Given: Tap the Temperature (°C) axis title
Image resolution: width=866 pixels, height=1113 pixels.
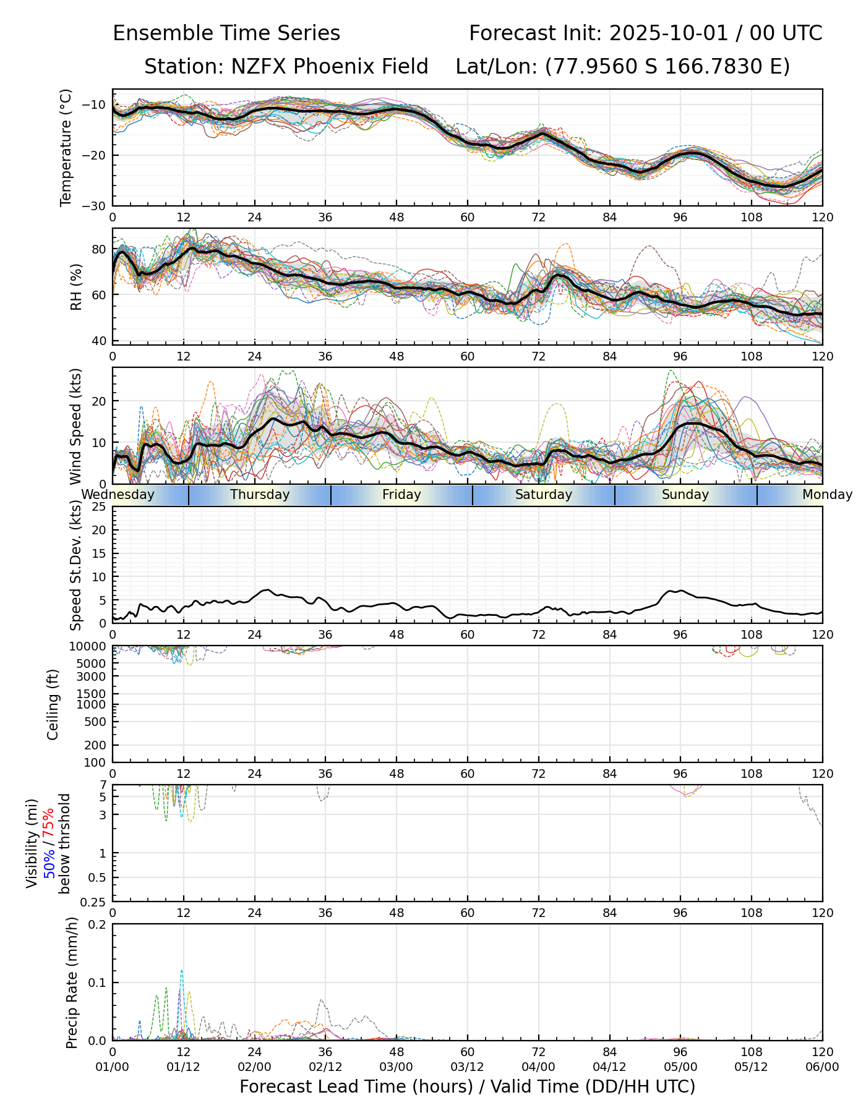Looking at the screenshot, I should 66,147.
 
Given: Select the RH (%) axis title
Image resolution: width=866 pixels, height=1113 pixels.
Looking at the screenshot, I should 77,286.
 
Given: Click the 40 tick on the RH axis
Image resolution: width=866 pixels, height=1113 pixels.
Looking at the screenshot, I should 100,341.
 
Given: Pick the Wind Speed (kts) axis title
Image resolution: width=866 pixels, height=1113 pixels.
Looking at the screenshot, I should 76,426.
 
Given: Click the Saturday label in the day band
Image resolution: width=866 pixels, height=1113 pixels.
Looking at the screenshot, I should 544,495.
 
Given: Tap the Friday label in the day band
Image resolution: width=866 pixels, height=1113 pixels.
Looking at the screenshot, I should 401,495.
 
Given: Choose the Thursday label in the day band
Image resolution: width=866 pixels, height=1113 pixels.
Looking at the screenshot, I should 260,495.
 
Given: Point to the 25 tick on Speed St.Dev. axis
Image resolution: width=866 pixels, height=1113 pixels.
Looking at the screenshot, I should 100,507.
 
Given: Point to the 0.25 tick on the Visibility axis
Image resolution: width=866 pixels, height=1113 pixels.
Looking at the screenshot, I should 94,902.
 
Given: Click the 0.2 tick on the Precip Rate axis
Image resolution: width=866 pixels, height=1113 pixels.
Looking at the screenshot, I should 96,925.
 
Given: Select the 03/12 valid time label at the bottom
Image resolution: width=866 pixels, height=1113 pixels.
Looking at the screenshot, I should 468,1067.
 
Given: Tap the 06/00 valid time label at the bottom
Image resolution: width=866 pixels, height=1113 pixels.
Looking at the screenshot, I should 822,1067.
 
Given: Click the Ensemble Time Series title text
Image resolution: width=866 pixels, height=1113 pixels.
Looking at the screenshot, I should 226,33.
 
